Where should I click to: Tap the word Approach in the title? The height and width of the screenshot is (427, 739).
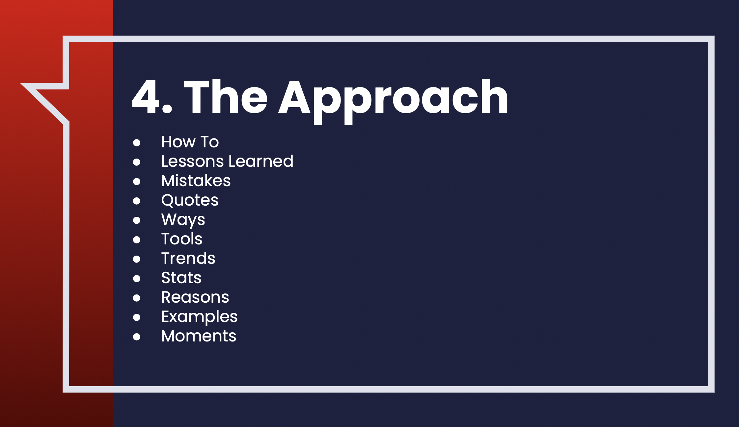point(393,102)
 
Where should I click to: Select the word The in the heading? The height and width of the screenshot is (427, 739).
point(226,97)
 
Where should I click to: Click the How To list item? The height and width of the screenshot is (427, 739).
point(190,142)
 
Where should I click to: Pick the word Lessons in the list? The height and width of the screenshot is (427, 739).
point(193,161)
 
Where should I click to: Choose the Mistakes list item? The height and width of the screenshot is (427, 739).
point(196,181)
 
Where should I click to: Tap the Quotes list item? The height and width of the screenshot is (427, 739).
point(190,200)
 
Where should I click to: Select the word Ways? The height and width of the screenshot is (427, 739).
point(183,220)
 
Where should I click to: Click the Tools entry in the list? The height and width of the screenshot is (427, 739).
point(182,239)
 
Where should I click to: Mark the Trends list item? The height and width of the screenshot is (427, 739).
point(188,258)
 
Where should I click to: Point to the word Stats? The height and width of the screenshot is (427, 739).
point(181,278)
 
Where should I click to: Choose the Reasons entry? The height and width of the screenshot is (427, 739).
point(195,297)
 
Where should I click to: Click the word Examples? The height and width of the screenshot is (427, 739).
point(199,317)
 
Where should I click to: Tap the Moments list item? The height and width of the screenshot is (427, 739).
point(199,336)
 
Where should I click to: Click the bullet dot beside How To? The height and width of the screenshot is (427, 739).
point(137,143)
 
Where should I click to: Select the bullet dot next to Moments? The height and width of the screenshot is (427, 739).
point(137,337)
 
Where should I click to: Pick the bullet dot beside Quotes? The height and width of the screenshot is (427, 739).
point(137,201)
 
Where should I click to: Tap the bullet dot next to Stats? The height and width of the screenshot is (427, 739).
point(137,279)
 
